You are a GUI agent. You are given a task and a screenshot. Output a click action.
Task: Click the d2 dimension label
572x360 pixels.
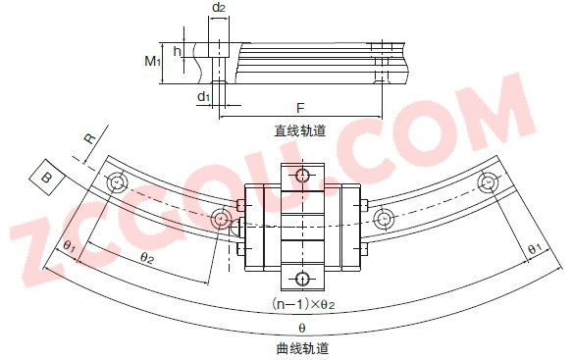click(x=218, y=7)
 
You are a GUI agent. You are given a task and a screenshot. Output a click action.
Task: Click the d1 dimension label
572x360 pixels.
click(x=203, y=96)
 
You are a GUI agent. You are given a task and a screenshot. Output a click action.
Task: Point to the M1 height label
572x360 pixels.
click(x=152, y=61)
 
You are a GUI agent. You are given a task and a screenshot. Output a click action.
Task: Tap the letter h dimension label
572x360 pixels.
click(x=178, y=51)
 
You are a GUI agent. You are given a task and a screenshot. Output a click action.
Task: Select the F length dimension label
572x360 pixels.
click(x=300, y=108)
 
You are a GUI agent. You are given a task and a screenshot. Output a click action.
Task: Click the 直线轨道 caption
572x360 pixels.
click(x=300, y=130)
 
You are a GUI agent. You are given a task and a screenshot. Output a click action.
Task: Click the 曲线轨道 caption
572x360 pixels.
click(x=302, y=348)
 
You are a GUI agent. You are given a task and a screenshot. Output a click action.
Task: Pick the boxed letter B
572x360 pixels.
click(x=47, y=178)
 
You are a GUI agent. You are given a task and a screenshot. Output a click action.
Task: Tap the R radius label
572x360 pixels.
click(x=89, y=139)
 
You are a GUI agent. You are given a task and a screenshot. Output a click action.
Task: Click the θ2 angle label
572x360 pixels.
click(x=147, y=258)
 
